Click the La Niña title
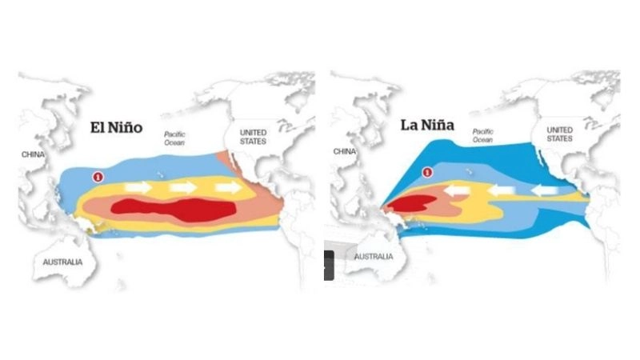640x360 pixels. point(430,126)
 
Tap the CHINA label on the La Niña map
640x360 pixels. point(344,151)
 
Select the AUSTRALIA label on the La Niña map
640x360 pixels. point(374,257)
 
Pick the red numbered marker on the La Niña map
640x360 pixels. point(427,171)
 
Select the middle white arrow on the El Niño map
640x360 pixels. point(182,188)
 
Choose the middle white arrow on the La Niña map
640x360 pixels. point(502,191)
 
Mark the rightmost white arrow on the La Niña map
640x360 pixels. point(550,191)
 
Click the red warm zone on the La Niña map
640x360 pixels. point(410,205)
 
